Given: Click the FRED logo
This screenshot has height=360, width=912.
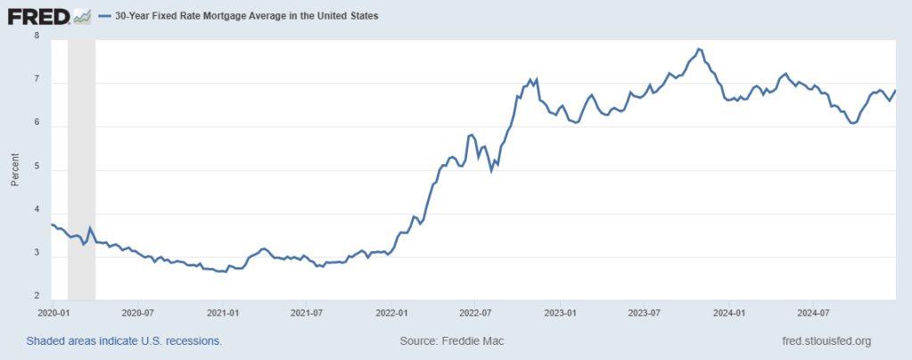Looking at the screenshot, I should click(38, 16).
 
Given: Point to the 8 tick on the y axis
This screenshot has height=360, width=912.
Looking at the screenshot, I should click(37, 37).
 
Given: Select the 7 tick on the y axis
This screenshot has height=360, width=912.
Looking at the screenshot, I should click(37, 81).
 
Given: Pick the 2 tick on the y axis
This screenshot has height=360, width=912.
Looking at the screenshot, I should click(37, 297).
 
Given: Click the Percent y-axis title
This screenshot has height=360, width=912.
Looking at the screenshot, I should click(15, 168).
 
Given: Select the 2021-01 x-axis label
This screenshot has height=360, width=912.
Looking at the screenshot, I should click(221, 314).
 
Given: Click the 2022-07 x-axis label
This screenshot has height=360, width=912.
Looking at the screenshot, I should click(474, 314).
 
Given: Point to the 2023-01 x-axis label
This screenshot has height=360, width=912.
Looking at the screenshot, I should click(559, 314).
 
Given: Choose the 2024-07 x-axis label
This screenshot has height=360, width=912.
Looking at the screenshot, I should click(812, 314).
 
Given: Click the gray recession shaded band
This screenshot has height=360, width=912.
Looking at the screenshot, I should click(81, 169).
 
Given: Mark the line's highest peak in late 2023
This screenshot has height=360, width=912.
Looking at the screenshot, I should click(699, 48).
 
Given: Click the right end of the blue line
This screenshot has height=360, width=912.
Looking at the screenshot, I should click(895, 90).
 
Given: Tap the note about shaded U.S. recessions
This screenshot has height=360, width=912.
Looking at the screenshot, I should click(124, 340).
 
